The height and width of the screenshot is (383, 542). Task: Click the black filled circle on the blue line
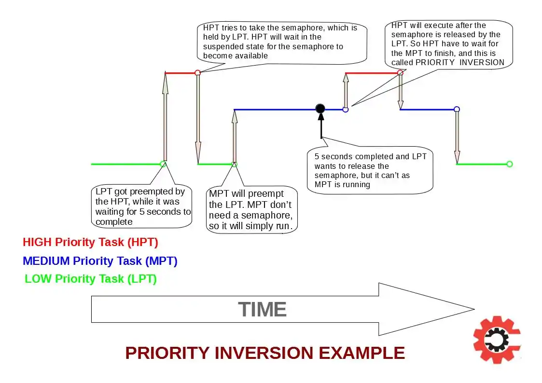(x=320, y=109)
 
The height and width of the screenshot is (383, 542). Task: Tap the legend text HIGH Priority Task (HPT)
(x=90, y=242)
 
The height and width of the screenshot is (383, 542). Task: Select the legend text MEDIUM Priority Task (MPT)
(x=100, y=261)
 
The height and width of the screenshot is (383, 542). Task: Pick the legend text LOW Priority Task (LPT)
(x=91, y=279)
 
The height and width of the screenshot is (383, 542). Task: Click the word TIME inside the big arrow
(x=262, y=309)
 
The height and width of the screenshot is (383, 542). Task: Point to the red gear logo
(x=497, y=340)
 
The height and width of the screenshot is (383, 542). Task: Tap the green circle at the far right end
(x=509, y=164)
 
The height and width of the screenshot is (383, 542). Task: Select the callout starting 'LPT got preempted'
(x=142, y=206)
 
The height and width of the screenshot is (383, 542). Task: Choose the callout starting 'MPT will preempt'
(x=252, y=210)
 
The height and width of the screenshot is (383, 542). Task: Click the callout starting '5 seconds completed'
(x=370, y=170)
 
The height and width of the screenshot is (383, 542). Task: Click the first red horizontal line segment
(x=181, y=73)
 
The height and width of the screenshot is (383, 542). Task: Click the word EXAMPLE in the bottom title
(x=361, y=353)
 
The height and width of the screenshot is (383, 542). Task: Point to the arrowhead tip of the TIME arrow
(x=473, y=309)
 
